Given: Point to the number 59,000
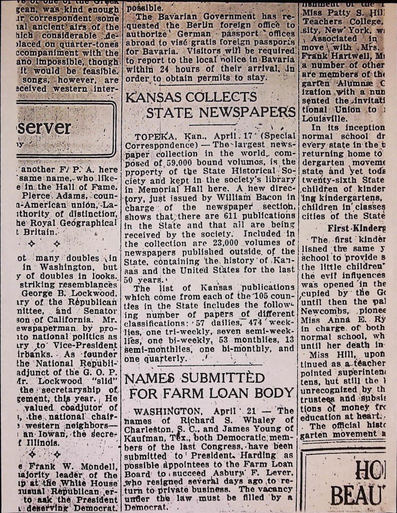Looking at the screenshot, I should [x=176, y=163].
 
